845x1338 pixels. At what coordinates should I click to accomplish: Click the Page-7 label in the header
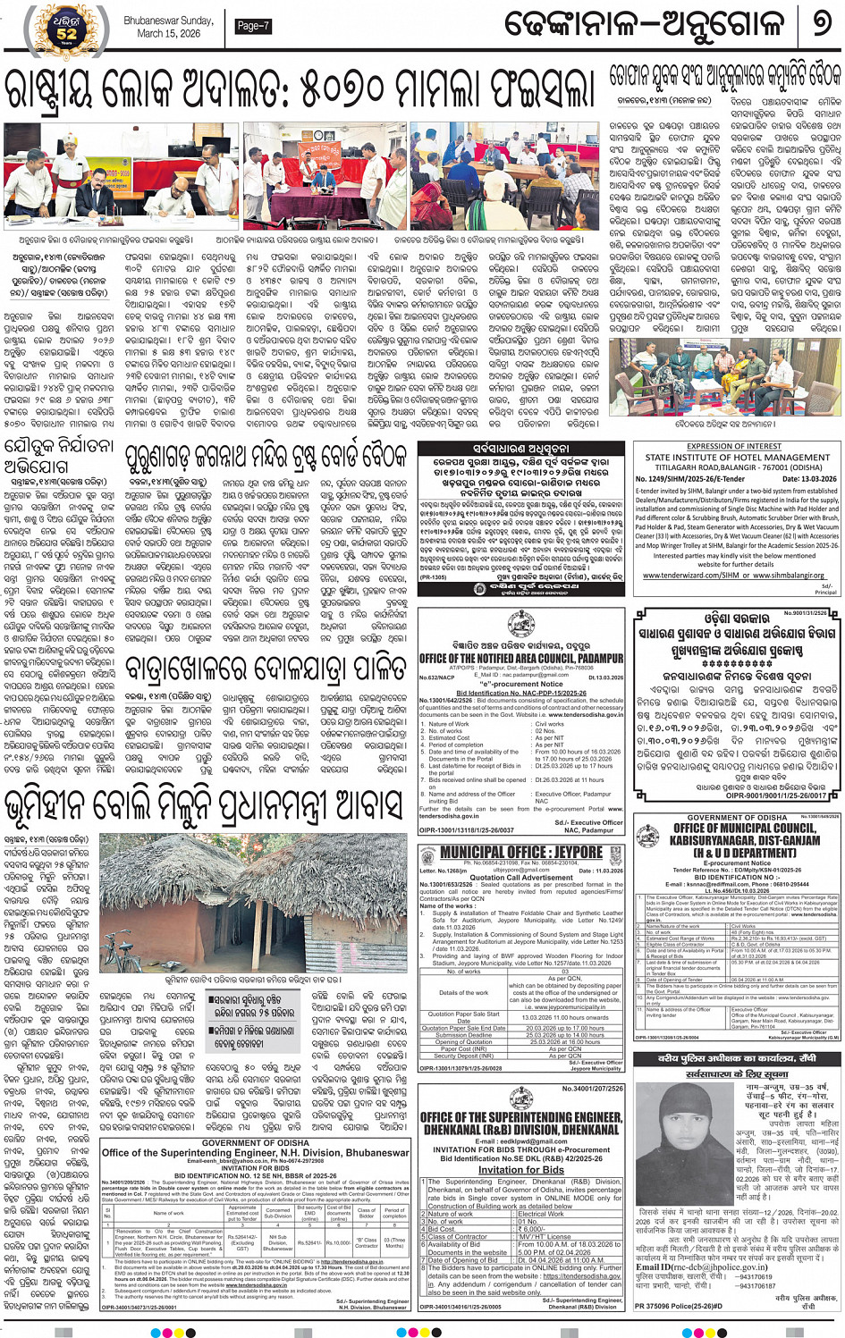pyautogui.click(x=253, y=26)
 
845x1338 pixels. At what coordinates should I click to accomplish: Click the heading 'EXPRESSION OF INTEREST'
pyautogui.click(x=735, y=446)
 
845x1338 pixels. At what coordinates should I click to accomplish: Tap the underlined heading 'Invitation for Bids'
pyautogui.click(x=520, y=1170)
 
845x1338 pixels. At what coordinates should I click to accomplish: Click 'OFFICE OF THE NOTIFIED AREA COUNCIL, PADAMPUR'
pyautogui.click(x=521, y=658)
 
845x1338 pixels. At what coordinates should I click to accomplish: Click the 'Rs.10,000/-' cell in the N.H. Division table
pyautogui.click(x=338, y=1242)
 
